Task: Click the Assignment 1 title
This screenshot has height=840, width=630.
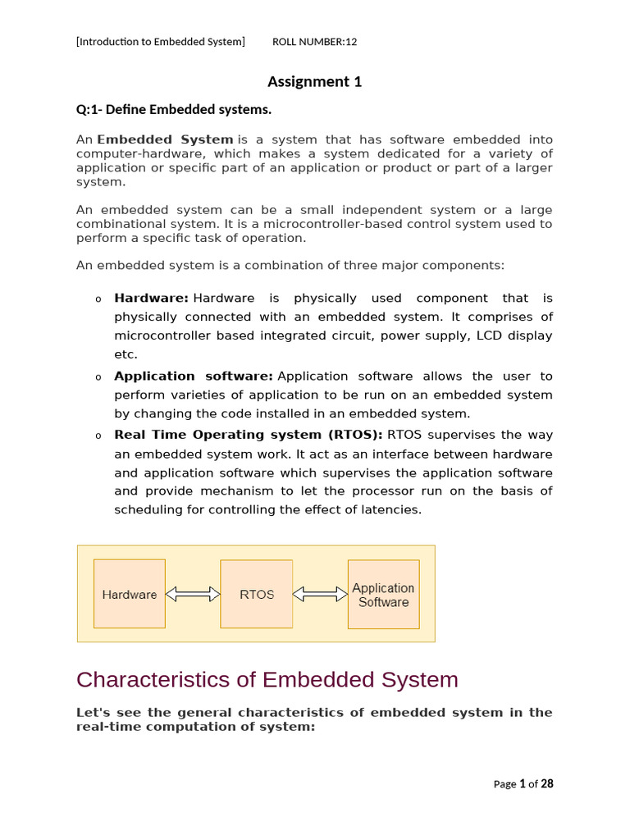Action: [x=314, y=81]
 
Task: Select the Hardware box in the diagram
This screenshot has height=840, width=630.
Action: [x=130, y=594]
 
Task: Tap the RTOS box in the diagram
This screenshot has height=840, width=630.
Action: [x=257, y=594]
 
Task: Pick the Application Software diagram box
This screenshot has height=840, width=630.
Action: [x=383, y=594]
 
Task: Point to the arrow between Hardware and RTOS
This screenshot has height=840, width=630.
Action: [x=193, y=594]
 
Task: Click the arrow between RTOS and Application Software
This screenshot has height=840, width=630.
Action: [x=320, y=594]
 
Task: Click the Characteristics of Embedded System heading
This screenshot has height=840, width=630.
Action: [x=267, y=680]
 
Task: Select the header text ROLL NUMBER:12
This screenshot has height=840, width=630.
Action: [x=314, y=42]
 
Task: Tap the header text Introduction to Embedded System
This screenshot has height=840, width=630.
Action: [x=161, y=42]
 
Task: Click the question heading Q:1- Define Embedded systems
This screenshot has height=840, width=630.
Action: [x=173, y=109]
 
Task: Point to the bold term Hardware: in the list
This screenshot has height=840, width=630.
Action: [x=152, y=299]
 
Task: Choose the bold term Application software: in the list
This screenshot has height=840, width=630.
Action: [x=194, y=377]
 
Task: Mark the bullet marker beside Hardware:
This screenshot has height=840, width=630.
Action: [x=98, y=299]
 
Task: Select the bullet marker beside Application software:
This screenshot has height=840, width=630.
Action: [x=98, y=377]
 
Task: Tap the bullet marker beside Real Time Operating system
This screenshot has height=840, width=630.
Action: [x=98, y=436]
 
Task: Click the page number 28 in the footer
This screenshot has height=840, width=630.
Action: [x=547, y=783]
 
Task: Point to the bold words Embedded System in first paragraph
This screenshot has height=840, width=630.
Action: [x=165, y=140]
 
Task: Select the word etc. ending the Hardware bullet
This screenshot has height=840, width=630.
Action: [x=126, y=354]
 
